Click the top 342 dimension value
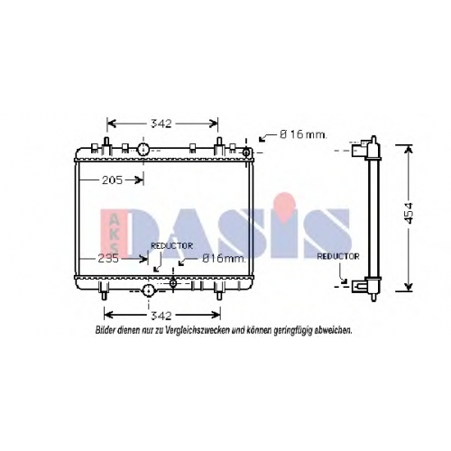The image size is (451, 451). coord(161,124)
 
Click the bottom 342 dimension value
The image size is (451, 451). coord(161,316)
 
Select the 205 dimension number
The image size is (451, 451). coord(112,180)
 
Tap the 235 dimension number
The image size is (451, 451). coord(108,259)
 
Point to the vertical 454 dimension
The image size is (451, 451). coord(409,213)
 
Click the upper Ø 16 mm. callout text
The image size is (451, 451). coord(303,134)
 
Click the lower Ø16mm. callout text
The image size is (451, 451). coord(224,258)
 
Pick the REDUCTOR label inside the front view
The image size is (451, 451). coord(171,246)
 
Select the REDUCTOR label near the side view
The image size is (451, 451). coord(338,256)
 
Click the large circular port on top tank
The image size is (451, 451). coord(143,149)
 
